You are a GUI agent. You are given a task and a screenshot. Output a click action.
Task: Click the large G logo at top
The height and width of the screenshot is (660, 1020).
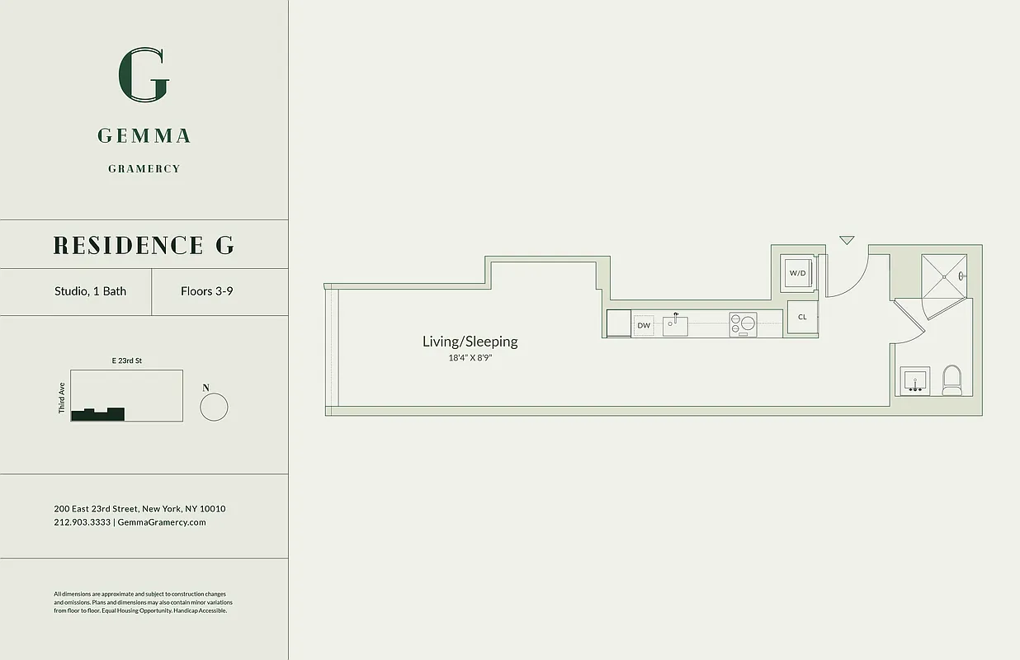click(x=144, y=75)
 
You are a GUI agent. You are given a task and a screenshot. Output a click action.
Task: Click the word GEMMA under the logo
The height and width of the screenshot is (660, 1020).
click(x=144, y=136)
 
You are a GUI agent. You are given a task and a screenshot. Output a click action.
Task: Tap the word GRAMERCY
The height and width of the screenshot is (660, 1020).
click(x=144, y=169)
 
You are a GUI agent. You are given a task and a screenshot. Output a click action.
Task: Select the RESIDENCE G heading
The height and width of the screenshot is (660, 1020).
click(x=144, y=245)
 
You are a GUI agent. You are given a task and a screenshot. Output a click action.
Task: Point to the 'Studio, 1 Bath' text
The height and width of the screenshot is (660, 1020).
click(x=90, y=291)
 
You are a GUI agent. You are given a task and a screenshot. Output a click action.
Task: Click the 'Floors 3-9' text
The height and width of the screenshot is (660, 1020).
click(x=206, y=291)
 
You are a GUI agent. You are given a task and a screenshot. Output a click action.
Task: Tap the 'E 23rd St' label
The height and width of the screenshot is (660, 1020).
click(x=127, y=361)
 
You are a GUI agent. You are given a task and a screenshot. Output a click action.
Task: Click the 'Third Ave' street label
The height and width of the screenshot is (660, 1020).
click(x=61, y=398)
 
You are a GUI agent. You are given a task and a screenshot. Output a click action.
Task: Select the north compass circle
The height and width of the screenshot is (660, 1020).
click(x=214, y=408)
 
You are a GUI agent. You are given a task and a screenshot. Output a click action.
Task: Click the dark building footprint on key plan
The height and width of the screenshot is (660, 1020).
click(x=98, y=415)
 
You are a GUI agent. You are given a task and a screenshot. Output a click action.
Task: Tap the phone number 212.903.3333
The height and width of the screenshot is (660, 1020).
click(x=82, y=522)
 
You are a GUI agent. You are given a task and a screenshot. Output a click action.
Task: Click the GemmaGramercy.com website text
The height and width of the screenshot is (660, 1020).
click(x=162, y=522)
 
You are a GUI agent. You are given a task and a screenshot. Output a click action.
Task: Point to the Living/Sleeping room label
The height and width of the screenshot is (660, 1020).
click(x=470, y=342)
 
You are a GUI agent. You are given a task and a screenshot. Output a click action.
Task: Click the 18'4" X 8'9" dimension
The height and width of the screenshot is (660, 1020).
click(x=470, y=358)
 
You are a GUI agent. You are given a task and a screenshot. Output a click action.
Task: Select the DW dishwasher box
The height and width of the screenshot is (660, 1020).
click(x=644, y=326)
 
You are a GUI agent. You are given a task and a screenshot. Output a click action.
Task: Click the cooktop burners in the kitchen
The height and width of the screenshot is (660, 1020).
click(x=742, y=324)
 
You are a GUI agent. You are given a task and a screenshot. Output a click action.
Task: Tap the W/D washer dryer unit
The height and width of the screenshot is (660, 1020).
click(x=798, y=273)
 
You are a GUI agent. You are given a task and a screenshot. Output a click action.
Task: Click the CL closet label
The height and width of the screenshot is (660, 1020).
click(x=802, y=317)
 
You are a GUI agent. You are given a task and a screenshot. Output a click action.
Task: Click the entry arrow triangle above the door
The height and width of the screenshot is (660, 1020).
click(x=847, y=240)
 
